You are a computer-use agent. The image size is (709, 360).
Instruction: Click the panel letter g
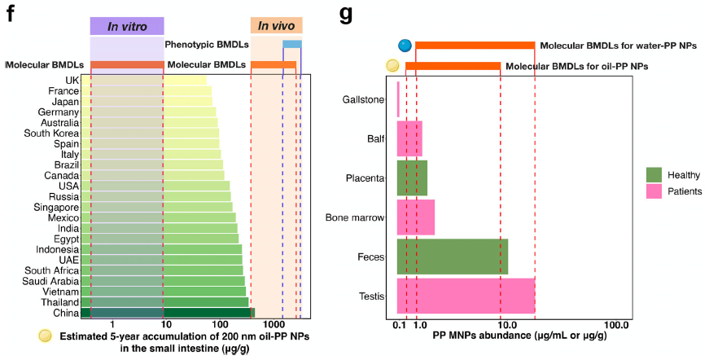(346, 14)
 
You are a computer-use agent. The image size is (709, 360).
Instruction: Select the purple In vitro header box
(126, 26)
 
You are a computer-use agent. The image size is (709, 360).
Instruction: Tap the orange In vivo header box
(276, 26)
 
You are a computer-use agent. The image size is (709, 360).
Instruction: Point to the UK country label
(72, 80)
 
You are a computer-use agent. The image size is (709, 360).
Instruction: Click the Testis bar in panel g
(466, 296)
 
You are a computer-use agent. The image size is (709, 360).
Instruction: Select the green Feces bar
(452, 257)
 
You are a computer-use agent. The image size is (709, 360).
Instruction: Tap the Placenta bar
(412, 178)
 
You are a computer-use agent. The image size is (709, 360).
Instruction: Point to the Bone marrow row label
(354, 217)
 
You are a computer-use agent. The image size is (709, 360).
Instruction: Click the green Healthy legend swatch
(654, 174)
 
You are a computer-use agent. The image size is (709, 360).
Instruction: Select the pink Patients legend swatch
(654, 191)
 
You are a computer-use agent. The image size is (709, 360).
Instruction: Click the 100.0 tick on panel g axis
(616, 326)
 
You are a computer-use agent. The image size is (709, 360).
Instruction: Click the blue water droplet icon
(404, 46)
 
